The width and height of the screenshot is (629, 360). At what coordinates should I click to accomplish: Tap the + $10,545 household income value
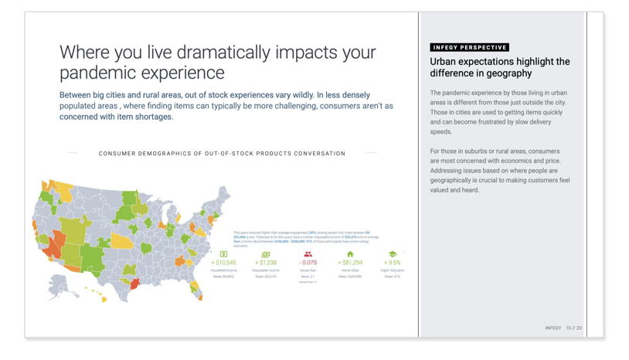(x=223, y=263)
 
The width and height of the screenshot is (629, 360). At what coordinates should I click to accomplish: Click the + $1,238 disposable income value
(x=265, y=263)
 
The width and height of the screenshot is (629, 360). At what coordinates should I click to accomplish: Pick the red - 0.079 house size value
(x=308, y=263)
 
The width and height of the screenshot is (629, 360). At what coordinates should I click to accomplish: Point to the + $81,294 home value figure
(x=350, y=263)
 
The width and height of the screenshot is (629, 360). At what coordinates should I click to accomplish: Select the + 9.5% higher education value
(x=393, y=263)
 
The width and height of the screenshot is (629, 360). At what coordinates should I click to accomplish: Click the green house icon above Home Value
(x=350, y=253)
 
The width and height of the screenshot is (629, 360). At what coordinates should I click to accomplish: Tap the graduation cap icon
(x=393, y=253)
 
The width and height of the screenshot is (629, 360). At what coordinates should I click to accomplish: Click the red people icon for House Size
(x=308, y=253)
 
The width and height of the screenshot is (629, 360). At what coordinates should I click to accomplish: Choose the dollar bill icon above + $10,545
(x=223, y=253)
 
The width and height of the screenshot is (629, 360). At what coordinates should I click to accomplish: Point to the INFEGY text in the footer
(x=552, y=328)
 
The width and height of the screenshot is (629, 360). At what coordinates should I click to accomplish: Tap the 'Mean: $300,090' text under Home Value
(x=350, y=277)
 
